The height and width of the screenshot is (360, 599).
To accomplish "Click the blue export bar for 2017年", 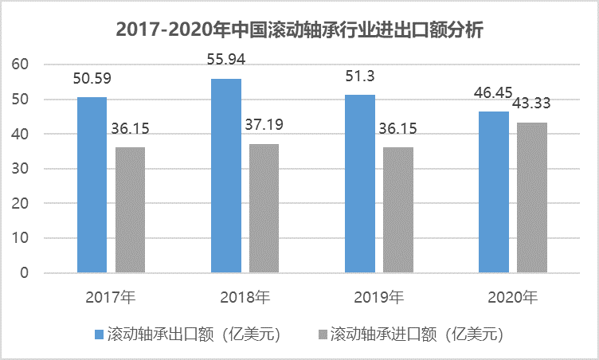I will [92, 185].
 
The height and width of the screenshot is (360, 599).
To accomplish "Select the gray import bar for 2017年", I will [130, 210].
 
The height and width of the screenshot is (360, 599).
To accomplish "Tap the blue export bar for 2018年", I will [225, 176].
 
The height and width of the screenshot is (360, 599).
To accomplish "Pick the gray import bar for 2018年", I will [264, 209].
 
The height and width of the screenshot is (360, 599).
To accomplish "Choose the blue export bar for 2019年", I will [359, 184].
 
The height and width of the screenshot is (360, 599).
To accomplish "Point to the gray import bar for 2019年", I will [397, 210].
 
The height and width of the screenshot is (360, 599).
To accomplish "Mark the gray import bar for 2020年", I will [531, 198].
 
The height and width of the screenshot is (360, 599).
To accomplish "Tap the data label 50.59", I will [92, 80].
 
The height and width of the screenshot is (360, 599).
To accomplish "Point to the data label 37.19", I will [264, 125].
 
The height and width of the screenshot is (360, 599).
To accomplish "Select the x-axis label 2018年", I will [245, 298].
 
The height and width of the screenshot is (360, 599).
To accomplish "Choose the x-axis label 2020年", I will [512, 298].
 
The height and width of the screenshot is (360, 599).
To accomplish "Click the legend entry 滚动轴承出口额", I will [188, 333].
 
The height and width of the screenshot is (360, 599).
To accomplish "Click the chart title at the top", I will [299, 30].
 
